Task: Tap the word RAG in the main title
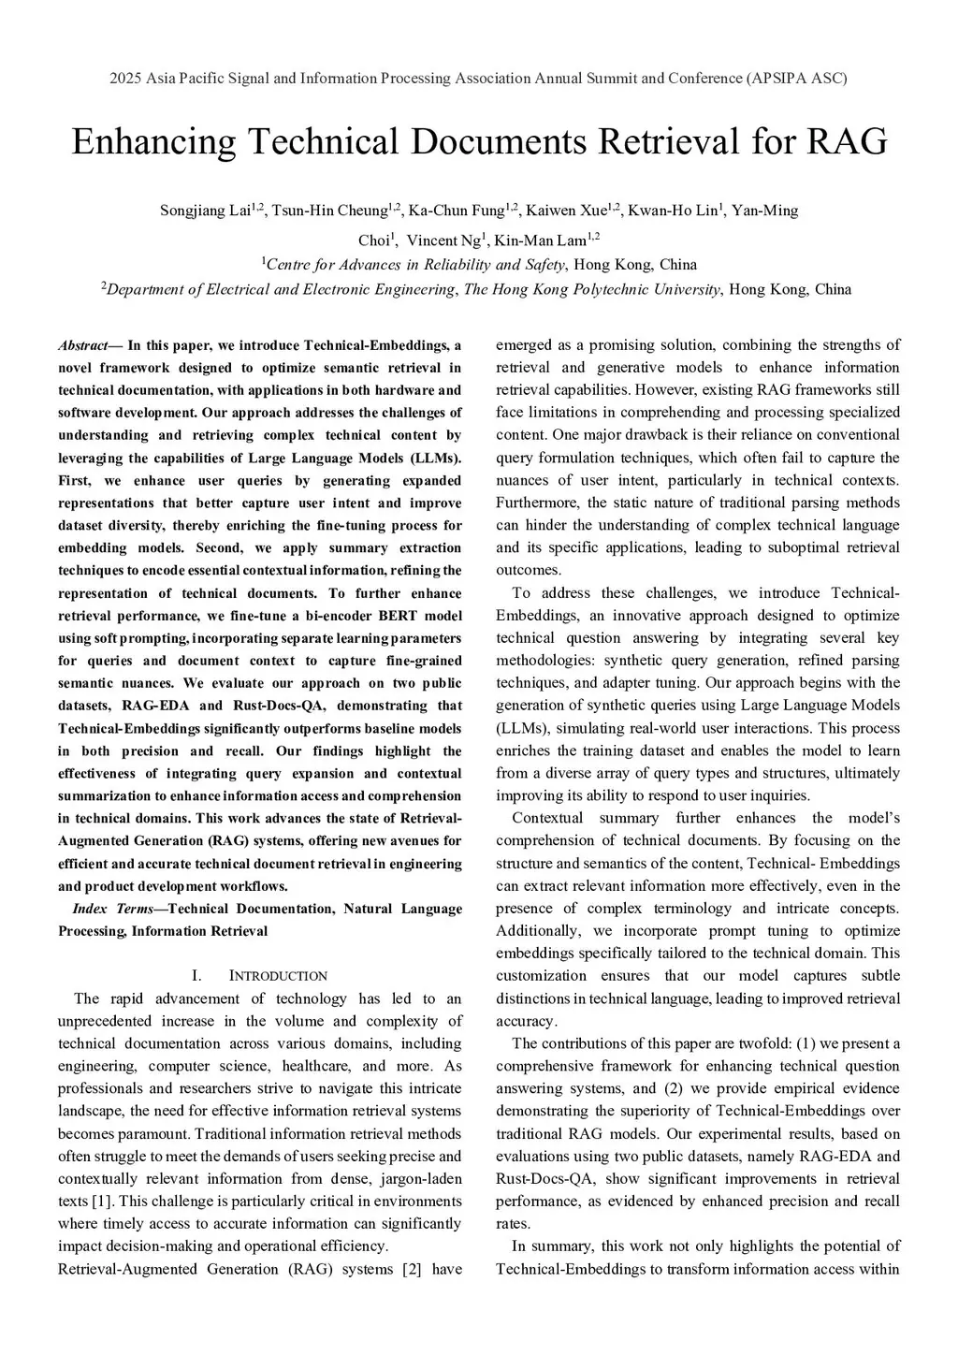tap(845, 142)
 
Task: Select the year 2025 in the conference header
tap(125, 78)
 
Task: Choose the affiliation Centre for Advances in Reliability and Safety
tap(416, 265)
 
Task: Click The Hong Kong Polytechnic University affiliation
tap(592, 289)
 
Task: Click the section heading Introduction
tap(278, 976)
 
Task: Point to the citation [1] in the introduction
tap(102, 1202)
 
